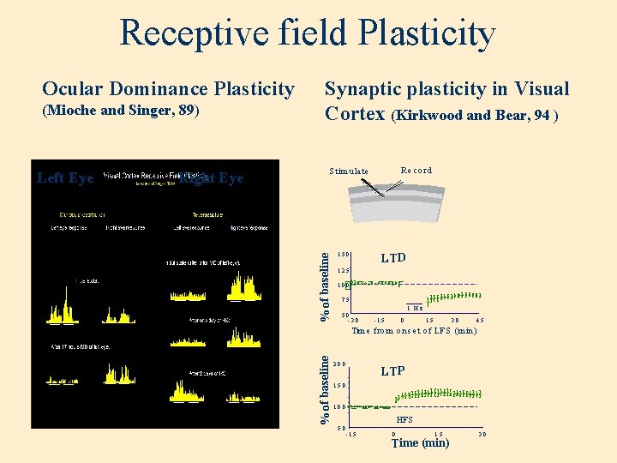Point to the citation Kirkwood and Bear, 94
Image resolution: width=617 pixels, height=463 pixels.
click(x=474, y=115)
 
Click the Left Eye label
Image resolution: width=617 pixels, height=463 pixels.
click(x=65, y=177)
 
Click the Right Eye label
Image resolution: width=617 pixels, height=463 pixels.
click(x=212, y=177)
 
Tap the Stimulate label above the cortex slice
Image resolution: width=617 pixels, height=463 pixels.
click(x=349, y=171)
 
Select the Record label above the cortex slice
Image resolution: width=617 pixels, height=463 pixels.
click(x=416, y=170)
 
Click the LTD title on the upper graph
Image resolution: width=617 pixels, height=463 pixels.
click(x=393, y=258)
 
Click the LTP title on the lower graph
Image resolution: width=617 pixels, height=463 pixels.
click(x=392, y=371)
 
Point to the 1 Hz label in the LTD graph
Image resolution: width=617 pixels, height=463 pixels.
click(x=415, y=308)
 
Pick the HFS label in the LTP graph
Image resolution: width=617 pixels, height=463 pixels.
click(x=404, y=420)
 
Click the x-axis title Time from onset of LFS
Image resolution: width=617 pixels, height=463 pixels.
click(x=414, y=330)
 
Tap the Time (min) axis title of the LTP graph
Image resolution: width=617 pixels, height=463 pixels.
click(x=420, y=442)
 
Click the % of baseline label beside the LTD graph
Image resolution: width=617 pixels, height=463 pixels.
click(x=326, y=284)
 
